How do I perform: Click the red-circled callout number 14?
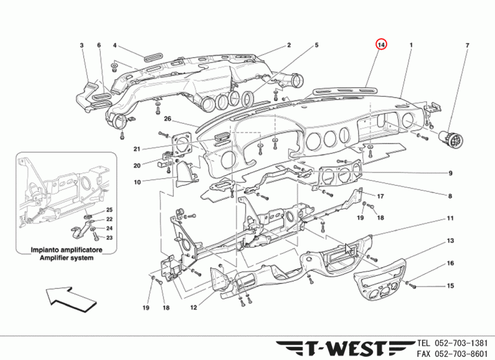pos(382,45)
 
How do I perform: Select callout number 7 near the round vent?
pos(467,45)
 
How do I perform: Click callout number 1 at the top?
pos(411,45)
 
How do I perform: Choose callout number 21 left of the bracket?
pos(137,148)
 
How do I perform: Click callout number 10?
pos(137,182)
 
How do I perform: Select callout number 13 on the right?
pos(450,241)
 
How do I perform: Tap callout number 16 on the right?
pos(450,263)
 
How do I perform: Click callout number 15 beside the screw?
pos(450,286)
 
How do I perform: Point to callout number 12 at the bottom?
pos(193,307)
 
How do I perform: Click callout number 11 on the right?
pos(450,218)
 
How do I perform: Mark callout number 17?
pos(381,196)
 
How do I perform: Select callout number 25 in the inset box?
pos(109,210)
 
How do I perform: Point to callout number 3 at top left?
pos(81,45)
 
